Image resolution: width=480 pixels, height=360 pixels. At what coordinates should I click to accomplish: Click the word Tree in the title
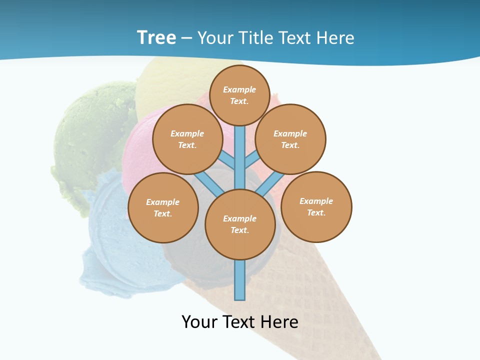point(156,37)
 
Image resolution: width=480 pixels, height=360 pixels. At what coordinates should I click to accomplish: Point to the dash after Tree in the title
point(186,38)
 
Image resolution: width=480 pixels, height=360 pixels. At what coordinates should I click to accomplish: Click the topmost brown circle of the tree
point(239,95)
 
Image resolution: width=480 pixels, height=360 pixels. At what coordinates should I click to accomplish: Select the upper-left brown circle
point(187,139)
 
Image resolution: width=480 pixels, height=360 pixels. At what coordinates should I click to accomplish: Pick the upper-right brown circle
point(290,139)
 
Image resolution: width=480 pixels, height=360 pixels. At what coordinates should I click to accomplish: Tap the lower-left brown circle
point(163,207)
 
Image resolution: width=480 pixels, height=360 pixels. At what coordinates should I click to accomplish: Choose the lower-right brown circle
point(316,206)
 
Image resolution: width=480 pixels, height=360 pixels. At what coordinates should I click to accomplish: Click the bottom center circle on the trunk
point(240,224)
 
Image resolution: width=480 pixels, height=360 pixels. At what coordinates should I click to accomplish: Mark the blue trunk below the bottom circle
point(240,280)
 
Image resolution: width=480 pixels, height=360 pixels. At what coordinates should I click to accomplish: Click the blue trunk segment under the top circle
point(240,155)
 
